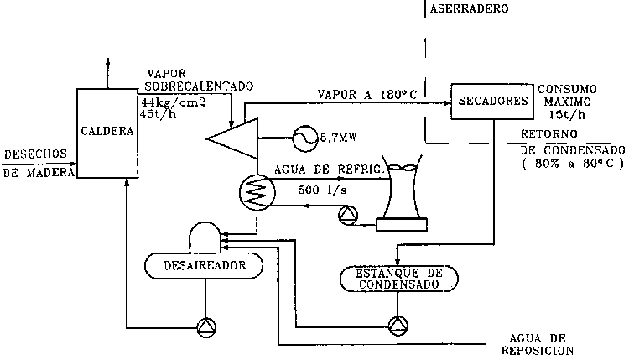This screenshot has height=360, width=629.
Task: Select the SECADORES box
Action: click(x=492, y=101)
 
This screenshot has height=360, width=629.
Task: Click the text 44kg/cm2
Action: click(x=172, y=102)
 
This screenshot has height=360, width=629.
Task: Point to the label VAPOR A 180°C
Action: click(x=368, y=92)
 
